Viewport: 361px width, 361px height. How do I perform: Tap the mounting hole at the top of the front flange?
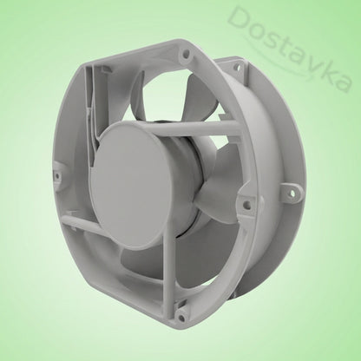186,54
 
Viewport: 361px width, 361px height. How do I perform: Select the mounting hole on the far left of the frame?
57,175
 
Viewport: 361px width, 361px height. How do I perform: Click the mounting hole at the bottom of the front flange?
181,318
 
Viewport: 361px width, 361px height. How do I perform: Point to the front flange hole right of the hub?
246,203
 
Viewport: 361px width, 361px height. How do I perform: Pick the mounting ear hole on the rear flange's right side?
292,193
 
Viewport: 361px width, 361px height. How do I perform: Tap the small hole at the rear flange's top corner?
239,69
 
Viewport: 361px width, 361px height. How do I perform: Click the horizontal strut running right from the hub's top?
197,128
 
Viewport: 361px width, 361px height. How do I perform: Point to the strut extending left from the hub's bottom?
81,224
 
